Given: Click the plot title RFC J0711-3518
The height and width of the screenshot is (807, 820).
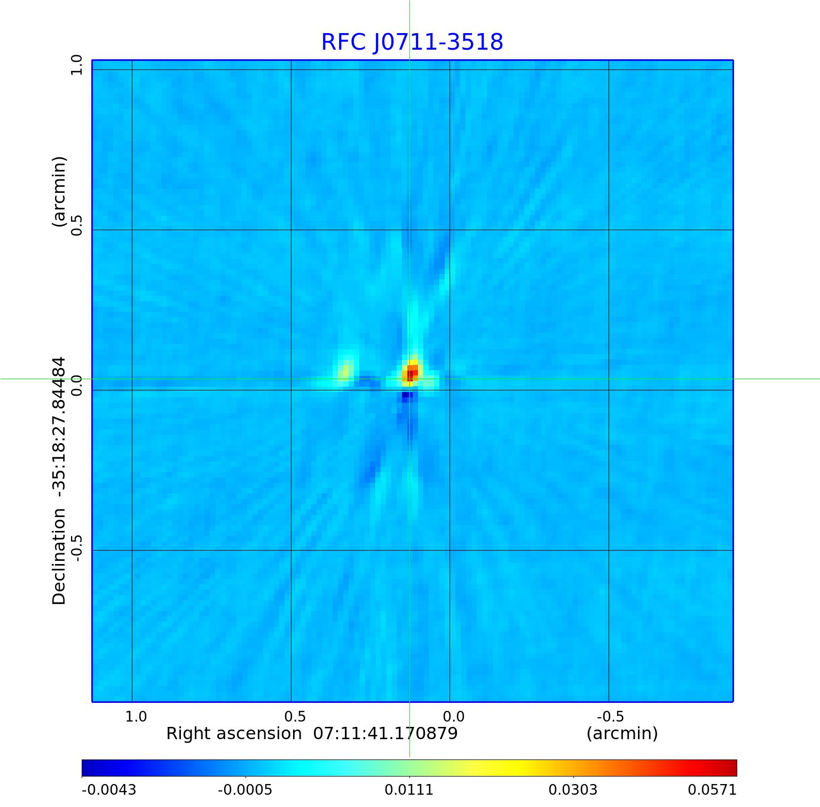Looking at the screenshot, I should [412, 42].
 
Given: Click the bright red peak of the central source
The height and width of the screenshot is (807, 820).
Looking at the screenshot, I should [412, 372].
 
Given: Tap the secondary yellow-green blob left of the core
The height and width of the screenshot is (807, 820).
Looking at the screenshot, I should [345, 370].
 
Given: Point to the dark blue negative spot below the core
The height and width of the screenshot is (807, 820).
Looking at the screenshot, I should [407, 396].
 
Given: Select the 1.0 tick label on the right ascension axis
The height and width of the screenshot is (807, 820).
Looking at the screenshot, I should [136, 716].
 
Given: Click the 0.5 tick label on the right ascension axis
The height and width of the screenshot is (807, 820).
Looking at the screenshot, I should [295, 716].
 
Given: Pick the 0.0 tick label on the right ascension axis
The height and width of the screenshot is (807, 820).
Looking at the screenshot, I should [454, 716].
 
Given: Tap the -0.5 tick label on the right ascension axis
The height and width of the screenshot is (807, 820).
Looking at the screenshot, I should [610, 716].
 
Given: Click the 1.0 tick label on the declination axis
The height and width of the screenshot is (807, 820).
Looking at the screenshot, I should [76, 65].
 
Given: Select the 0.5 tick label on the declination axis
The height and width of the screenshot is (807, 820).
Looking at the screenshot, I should [76, 225].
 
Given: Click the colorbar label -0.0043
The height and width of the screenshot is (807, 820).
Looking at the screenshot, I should [109, 790].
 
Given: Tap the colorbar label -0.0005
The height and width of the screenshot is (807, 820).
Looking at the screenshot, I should [245, 790].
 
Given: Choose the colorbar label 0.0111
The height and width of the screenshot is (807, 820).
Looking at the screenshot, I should [409, 790].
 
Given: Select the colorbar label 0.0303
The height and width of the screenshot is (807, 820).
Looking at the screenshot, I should [573, 790].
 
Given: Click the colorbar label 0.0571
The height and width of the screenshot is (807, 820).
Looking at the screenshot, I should [712, 790].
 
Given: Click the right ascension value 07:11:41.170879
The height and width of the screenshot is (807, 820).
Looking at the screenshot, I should [385, 733].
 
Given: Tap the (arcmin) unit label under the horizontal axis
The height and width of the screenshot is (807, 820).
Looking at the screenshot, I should [622, 733].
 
